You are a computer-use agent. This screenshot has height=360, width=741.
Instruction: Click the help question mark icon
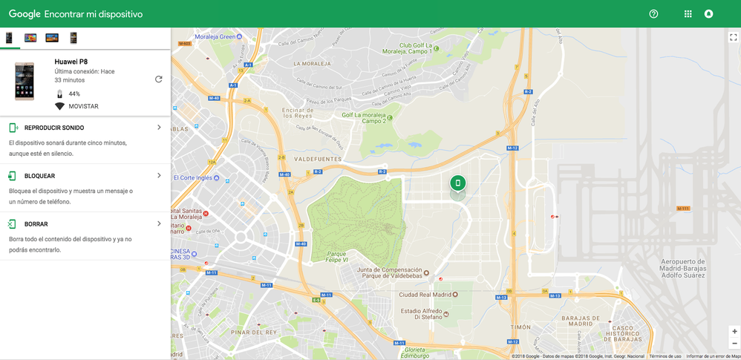(653, 14)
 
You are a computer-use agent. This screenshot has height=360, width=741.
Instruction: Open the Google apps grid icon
(688, 14)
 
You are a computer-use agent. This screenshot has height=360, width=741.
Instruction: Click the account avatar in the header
(708, 14)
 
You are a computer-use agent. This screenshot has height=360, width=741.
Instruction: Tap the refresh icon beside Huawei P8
(158, 79)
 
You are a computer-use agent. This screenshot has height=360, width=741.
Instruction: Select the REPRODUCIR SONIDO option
(53, 128)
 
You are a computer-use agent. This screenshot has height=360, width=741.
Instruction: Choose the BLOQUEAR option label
(39, 176)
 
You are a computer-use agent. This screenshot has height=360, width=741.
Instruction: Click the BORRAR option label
(36, 224)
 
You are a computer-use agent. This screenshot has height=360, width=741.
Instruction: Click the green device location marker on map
(457, 183)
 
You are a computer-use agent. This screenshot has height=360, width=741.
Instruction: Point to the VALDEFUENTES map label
(318, 160)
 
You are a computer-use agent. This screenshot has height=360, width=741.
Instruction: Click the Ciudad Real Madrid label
(425, 295)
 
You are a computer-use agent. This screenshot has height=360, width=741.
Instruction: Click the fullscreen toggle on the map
(733, 37)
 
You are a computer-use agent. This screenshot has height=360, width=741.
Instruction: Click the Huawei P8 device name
(71, 62)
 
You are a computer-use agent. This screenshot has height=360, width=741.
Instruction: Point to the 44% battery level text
(74, 94)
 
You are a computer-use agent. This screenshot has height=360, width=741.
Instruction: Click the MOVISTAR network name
(83, 106)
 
